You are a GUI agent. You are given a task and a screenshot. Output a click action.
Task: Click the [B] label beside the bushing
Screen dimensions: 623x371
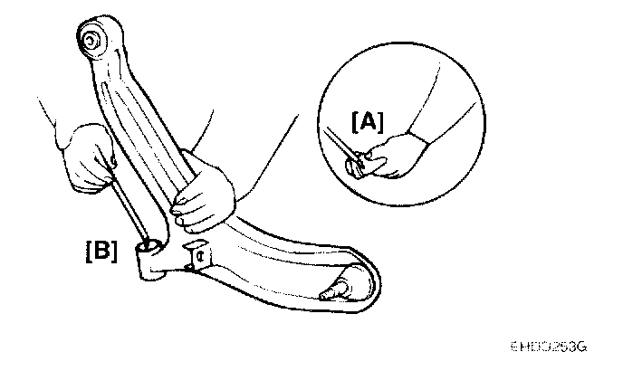101,251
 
